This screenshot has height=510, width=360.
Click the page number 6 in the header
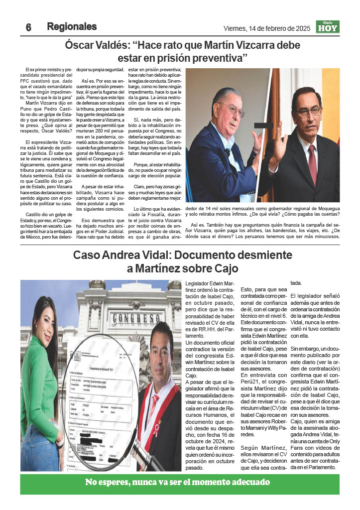pos(28,28)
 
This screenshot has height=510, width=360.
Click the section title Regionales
pos(72,26)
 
